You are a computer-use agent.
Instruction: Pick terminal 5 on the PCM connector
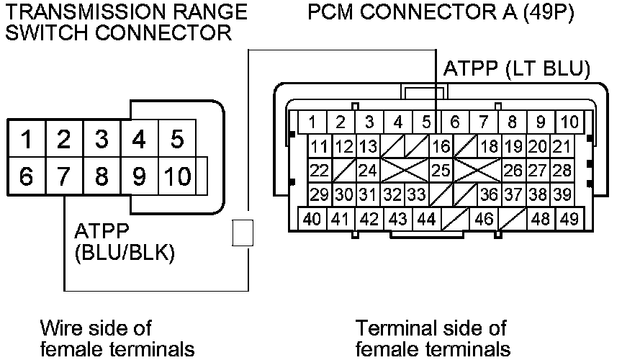click(425, 122)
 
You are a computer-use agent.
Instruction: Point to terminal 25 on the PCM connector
click(440, 171)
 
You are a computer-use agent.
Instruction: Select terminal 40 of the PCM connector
click(312, 219)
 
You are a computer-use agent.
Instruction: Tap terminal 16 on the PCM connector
click(440, 148)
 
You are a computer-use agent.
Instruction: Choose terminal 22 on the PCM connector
click(318, 171)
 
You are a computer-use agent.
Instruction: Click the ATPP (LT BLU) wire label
click(517, 69)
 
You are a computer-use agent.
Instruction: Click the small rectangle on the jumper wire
click(243, 233)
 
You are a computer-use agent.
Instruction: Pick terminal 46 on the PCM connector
click(484, 219)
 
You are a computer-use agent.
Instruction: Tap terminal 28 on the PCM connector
click(562, 171)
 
